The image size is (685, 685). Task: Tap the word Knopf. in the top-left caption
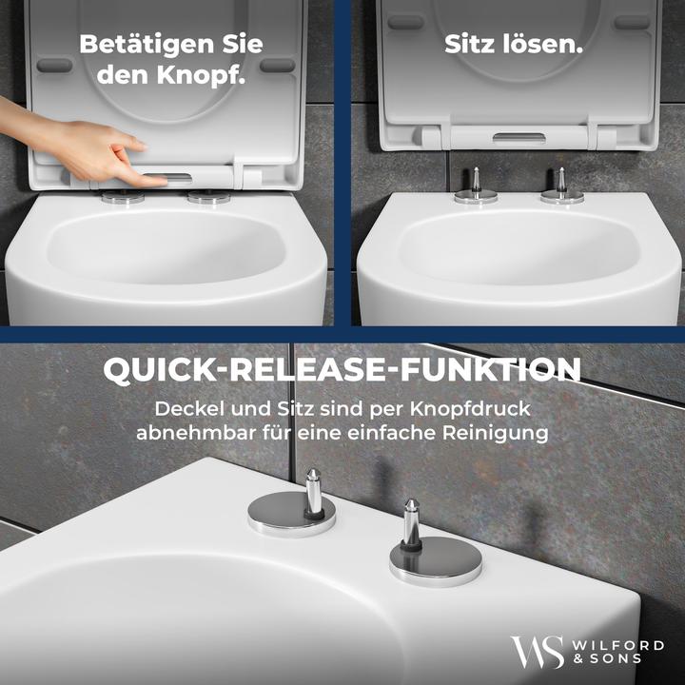(x=200, y=75)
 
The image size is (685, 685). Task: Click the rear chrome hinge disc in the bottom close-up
(x=291, y=515)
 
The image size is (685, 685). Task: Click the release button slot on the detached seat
(x=518, y=139)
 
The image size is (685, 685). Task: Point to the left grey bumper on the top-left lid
(x=54, y=66)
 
